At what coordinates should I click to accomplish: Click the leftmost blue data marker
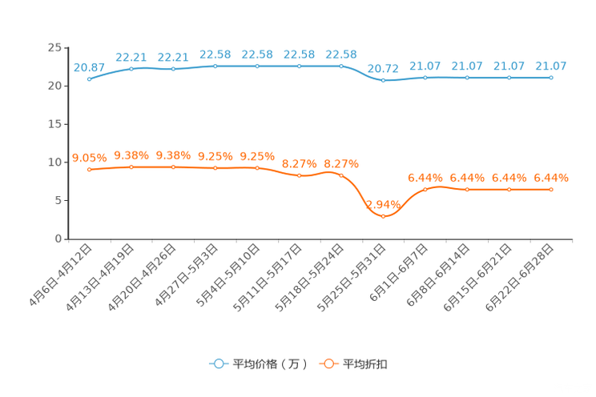point(89,78)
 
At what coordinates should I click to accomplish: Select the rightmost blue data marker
point(551,78)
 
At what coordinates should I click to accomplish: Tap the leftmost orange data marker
point(89,170)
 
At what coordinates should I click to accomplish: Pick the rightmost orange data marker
point(551,189)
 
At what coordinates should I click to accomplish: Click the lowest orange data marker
point(384,215)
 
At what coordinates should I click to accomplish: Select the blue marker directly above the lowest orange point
point(384,80)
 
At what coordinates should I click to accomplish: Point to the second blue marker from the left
point(131,69)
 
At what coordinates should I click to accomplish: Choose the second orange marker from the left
point(131,166)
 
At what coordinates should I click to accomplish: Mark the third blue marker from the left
point(173,70)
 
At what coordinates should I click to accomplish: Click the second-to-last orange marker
point(509,189)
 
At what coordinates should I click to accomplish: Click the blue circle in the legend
point(218,363)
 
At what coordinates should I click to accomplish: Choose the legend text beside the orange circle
point(365,364)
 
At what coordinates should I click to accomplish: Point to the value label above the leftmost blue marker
point(89,66)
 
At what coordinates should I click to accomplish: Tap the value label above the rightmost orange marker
point(551,177)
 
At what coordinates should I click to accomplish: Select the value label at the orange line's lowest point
point(384,204)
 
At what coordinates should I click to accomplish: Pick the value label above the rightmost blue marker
point(551,65)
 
